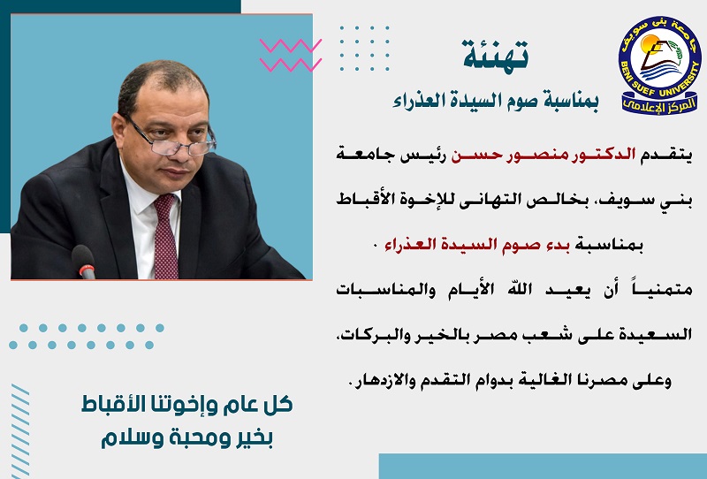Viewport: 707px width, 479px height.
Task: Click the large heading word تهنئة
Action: pyautogui.click(x=495, y=54)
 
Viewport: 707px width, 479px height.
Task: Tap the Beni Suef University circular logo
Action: pyautogui.click(x=659, y=65)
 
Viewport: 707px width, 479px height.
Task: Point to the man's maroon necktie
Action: pyautogui.click(x=165, y=236)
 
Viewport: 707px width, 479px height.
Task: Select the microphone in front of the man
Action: pyautogui.click(x=84, y=261)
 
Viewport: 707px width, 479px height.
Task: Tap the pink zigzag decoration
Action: pyautogui.click(x=291, y=55)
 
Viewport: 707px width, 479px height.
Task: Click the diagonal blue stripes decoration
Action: pyautogui.click(x=20, y=430)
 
